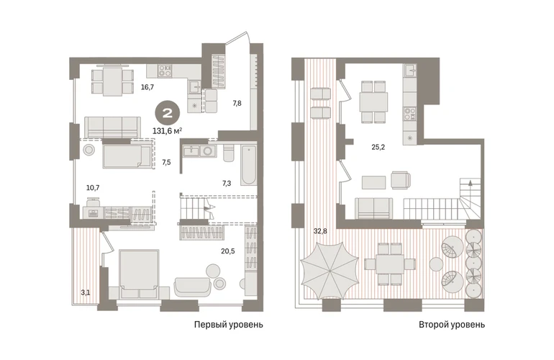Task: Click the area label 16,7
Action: click(147, 87)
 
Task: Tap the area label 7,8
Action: click(237, 103)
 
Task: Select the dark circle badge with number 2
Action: click(167, 113)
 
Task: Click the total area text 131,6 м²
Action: click(167, 131)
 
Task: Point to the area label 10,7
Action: click(93, 188)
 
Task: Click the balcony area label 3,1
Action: click(85, 293)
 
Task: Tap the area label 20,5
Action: click(228, 251)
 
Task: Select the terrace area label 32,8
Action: click(320, 232)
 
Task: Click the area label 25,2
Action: click(378, 147)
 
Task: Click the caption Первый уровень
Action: click(229, 325)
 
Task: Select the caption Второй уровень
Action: click(452, 325)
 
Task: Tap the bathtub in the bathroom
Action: click(249, 165)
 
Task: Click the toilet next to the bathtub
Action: click(228, 153)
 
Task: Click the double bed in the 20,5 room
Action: click(138, 274)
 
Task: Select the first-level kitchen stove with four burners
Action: click(165, 71)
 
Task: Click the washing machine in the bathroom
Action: click(207, 151)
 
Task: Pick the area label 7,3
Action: click(227, 183)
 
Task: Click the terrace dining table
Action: click(390, 264)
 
